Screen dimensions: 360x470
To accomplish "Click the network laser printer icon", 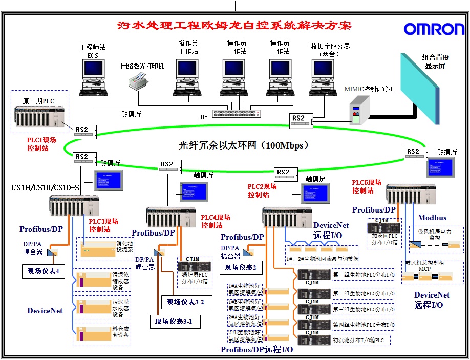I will pos(139,80).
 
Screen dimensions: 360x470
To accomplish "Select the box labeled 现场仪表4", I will pos(43,271).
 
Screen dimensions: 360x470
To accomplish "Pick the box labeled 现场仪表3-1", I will pos(175,322).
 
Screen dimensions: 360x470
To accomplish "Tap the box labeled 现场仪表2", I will pos(240,267).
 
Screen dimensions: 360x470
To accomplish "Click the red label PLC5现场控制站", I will pos(367,186).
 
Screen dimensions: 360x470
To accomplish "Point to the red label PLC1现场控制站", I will pos(41,144).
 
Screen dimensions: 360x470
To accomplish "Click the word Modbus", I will pos(432,218).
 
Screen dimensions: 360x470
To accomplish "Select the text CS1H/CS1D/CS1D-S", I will pos(45,188).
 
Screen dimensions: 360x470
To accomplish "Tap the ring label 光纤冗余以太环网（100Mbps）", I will pos(243,145).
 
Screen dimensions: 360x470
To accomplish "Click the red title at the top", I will pos(234,25).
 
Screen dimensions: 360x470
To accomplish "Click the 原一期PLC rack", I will pos(41,120).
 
